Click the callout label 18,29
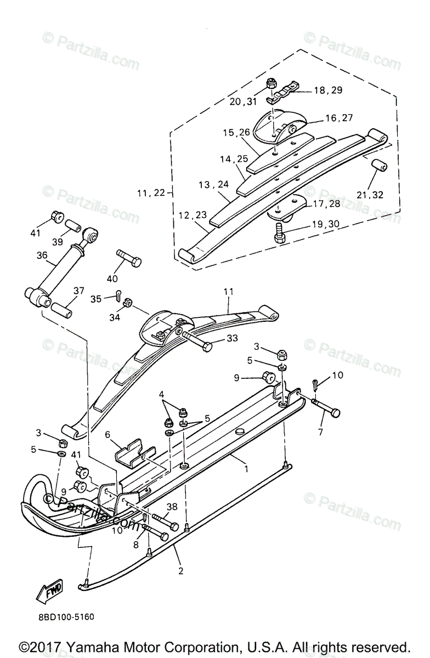(x=327, y=90)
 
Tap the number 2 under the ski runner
(x=181, y=570)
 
